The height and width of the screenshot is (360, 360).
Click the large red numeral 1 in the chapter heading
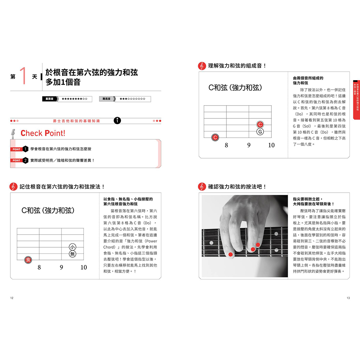24,76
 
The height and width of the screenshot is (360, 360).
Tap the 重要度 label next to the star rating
49,99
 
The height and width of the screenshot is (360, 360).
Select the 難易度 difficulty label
106,99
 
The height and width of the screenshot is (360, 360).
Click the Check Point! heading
43,133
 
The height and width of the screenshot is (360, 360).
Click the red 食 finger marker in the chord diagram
28,260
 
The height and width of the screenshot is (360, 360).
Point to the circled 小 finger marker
72,247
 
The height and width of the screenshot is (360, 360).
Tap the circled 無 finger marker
72,255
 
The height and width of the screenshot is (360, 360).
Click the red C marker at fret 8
215,137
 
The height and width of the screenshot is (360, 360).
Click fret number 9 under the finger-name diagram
62,267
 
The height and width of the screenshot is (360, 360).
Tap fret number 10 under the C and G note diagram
271,145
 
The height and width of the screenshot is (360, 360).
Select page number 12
12,298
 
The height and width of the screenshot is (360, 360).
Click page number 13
348,298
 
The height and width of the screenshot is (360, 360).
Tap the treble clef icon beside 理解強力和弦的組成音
202,66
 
